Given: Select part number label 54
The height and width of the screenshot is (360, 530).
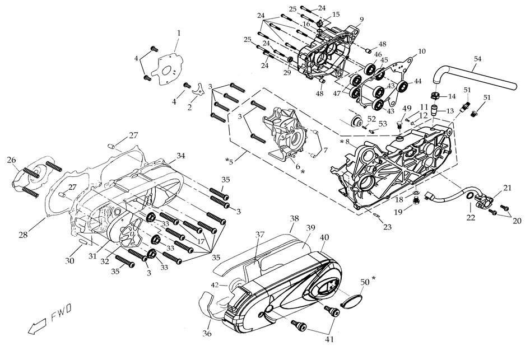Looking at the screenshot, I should pyautogui.click(x=477, y=58).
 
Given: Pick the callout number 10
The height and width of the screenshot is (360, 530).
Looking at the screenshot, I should pyautogui.click(x=422, y=52).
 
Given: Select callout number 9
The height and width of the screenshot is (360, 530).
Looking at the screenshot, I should pyautogui.click(x=362, y=20).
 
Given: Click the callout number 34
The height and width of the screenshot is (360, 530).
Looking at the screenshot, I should pyautogui.click(x=180, y=155).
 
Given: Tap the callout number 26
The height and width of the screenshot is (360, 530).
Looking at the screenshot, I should pyautogui.click(x=11, y=160).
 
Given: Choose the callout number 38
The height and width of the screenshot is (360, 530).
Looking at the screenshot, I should pyautogui.click(x=294, y=217).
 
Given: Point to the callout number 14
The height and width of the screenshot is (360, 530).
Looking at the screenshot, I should pyautogui.click(x=452, y=96).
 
